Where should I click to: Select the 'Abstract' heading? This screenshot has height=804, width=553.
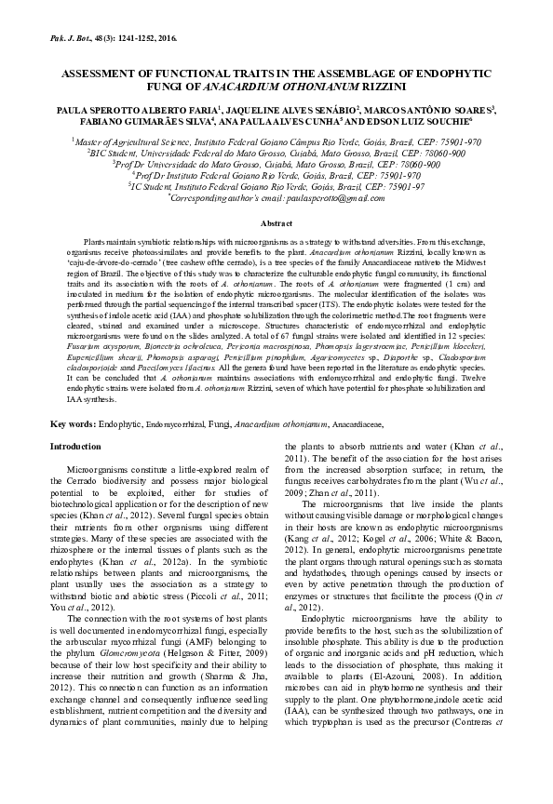pos(276,224)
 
